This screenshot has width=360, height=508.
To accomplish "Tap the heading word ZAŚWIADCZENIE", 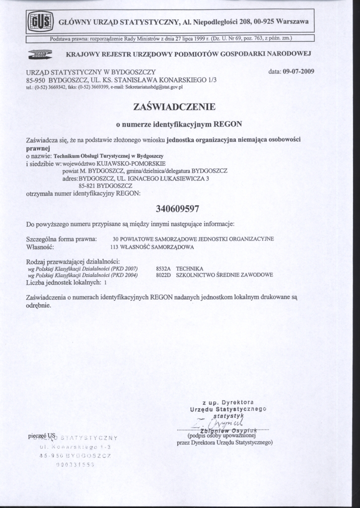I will coord(174,107).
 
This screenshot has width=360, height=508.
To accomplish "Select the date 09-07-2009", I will coord(298,71).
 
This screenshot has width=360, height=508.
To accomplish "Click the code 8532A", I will coord(163,268).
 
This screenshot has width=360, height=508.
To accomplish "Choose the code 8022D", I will coord(163,275).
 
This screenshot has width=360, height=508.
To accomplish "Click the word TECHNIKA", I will coord(190,268).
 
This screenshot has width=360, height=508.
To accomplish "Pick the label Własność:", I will coord(39,246).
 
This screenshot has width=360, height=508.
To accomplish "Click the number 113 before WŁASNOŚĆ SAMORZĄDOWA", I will coord(115,246).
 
